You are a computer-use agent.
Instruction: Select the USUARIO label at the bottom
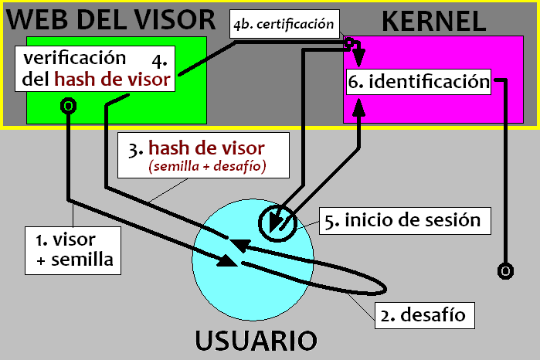click(255, 340)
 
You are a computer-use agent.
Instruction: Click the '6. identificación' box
click(419, 81)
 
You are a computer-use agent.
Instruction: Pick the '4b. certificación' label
click(284, 24)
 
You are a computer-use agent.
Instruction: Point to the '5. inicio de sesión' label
click(406, 220)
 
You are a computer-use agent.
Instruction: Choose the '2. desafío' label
click(425, 314)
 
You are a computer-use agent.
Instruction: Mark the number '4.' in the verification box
click(159, 59)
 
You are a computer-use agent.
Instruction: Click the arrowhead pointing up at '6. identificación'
click(358, 113)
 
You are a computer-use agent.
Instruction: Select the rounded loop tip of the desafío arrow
click(383, 288)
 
